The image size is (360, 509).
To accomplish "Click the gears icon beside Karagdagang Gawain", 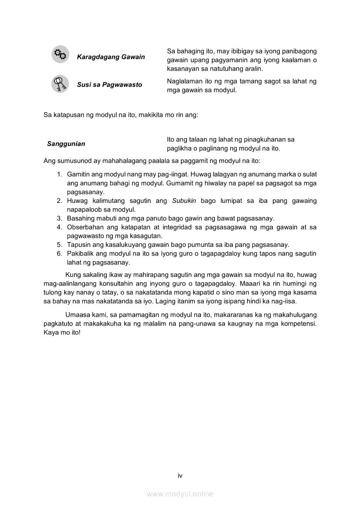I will click(60, 54).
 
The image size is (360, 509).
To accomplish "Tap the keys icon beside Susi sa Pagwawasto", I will click(60, 84).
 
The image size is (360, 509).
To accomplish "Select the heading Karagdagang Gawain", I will click(111, 57).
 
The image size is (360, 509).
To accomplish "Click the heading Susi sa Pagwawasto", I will click(109, 84).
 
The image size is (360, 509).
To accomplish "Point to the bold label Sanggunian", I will click(66, 144).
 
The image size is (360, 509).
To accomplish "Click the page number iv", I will click(180, 475).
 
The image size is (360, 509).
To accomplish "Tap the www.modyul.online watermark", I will click(180, 494).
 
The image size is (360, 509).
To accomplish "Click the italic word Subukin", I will click(184, 201).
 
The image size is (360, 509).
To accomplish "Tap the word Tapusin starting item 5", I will click(78, 245).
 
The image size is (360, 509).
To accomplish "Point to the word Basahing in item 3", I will click(80, 218).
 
